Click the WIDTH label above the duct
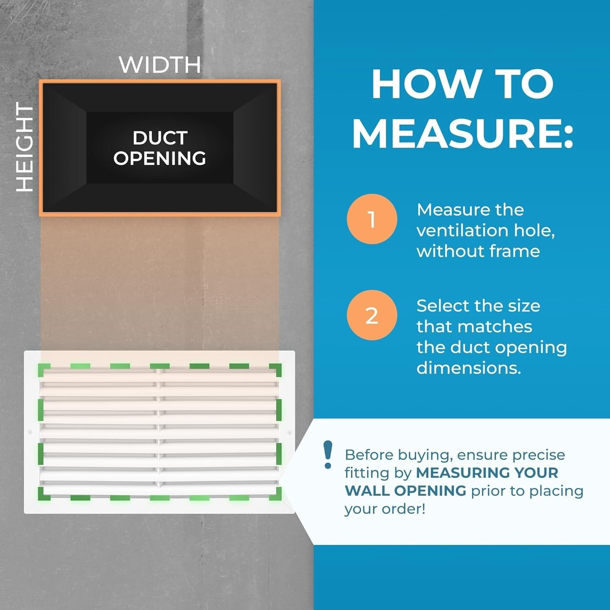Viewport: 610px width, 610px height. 160,65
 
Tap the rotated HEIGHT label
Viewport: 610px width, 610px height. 24,147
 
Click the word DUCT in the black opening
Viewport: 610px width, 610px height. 160,138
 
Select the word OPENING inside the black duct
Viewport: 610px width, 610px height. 160,158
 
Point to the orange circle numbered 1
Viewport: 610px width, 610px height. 372,219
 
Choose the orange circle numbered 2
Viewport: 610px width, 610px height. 372,315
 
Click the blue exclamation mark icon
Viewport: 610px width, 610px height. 327,455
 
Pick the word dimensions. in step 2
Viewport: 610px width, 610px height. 468,368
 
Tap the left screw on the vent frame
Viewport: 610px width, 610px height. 30,432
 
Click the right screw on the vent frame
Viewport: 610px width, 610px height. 289,432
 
